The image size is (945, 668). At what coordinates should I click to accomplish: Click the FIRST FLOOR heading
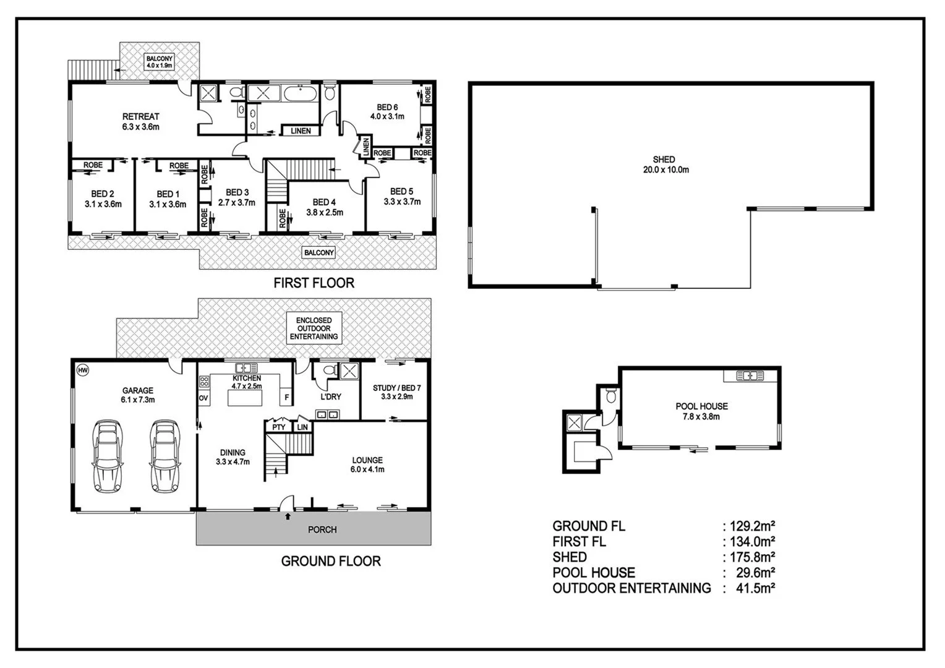pyautogui.click(x=314, y=283)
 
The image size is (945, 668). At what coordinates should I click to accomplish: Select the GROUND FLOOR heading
pyautogui.click(x=331, y=561)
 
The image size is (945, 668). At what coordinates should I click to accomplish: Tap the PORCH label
pyautogui.click(x=322, y=529)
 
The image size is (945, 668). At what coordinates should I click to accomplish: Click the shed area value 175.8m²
pyautogui.click(x=750, y=557)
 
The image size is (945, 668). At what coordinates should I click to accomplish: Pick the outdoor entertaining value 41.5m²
pyautogui.click(x=750, y=588)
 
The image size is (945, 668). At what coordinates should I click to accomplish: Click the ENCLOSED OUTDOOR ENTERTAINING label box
pyautogui.click(x=314, y=328)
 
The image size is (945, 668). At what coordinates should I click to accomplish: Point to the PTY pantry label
pyautogui.click(x=279, y=427)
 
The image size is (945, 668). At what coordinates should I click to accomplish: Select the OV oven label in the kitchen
pyautogui.click(x=203, y=398)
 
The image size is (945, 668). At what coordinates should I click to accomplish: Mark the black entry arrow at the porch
pyautogui.click(x=288, y=515)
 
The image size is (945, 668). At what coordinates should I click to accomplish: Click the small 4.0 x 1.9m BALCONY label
pyautogui.click(x=160, y=61)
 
